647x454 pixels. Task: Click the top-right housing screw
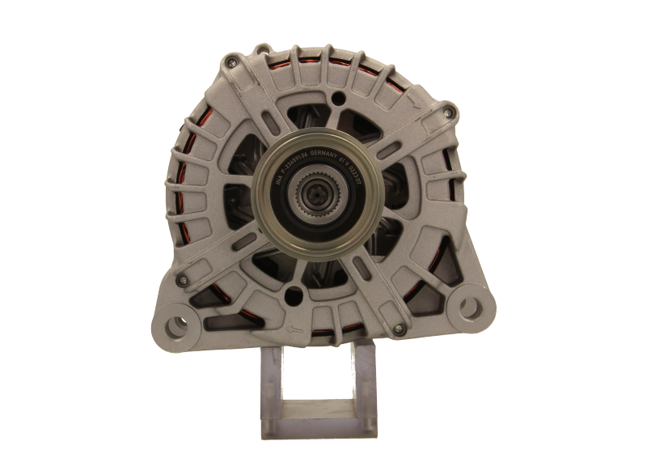[x=446, y=108]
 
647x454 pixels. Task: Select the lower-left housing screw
[x=184, y=281]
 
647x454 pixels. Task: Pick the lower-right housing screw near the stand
[x=397, y=329]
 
